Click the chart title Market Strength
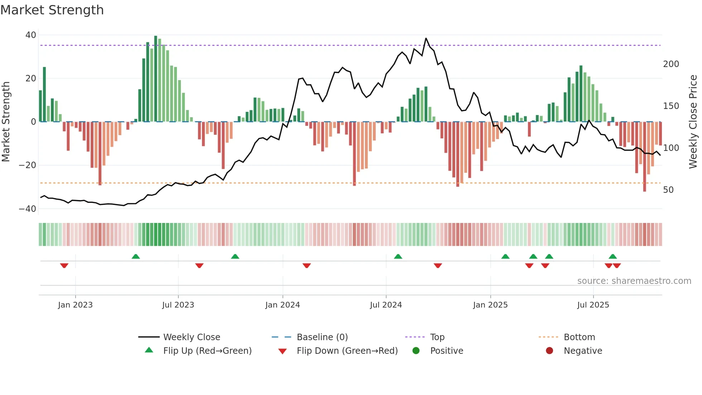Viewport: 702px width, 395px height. click(x=52, y=10)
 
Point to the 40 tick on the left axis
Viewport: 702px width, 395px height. click(x=31, y=35)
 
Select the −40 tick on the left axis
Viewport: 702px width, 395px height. click(x=28, y=209)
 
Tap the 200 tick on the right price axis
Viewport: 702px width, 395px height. click(x=671, y=64)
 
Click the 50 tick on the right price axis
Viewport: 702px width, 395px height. click(x=668, y=190)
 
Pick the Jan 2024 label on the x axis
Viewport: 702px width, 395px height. click(x=283, y=305)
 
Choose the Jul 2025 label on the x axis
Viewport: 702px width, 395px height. click(x=593, y=305)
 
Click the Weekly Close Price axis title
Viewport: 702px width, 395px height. click(x=693, y=122)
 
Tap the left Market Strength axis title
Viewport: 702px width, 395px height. click(x=6, y=122)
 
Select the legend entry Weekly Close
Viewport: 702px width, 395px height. click(x=192, y=337)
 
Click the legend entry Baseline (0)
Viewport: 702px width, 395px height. click(x=322, y=337)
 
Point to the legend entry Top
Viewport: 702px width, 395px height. click(x=437, y=337)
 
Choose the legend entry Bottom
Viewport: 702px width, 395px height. click(x=579, y=337)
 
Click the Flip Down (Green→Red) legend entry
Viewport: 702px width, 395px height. click(x=347, y=351)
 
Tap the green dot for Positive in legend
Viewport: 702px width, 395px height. click(x=416, y=351)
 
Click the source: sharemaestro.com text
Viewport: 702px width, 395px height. click(x=634, y=281)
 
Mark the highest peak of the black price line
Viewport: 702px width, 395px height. click(x=426, y=38)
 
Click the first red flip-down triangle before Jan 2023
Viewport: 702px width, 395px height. click(x=64, y=266)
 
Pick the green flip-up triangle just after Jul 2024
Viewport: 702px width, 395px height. click(x=398, y=256)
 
